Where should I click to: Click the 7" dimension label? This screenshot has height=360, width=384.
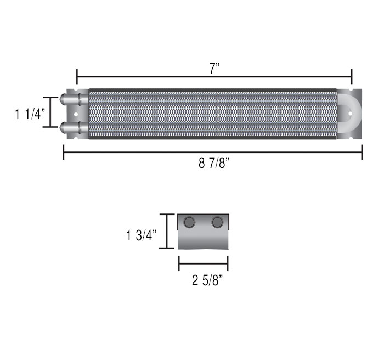tap(214, 69)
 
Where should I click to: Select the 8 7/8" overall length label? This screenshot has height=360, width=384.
tap(214, 163)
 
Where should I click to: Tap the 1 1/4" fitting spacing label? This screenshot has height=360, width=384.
tap(30, 114)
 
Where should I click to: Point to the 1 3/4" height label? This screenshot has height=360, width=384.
tap(141, 235)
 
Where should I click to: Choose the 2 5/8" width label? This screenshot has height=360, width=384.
tap(207, 280)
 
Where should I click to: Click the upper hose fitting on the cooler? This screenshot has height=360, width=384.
tap(74, 99)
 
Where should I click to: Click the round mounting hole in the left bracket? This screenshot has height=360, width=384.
tap(76, 115)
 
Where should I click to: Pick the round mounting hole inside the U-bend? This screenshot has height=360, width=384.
tap(350, 114)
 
